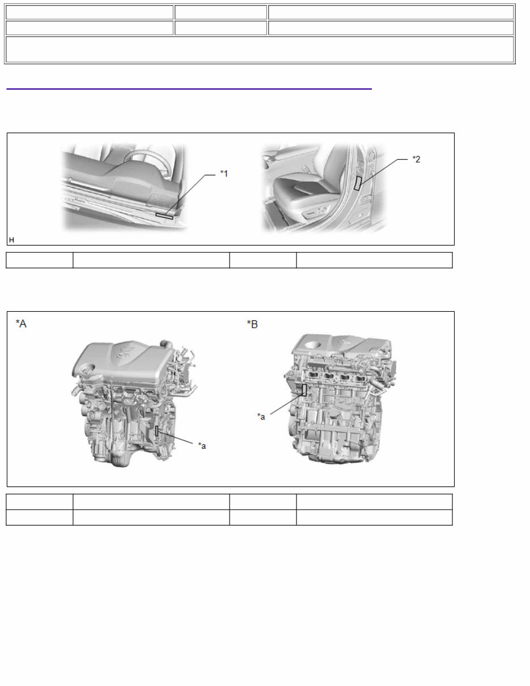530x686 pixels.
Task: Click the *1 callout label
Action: (x=224, y=173)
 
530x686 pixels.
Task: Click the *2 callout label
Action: (x=416, y=159)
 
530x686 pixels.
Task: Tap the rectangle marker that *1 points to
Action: (x=164, y=216)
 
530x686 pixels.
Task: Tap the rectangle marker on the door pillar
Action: (x=358, y=183)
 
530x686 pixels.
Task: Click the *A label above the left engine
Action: (x=21, y=324)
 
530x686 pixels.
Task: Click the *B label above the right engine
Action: (x=252, y=324)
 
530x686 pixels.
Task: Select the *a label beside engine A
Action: (x=202, y=446)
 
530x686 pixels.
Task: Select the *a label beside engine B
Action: (x=261, y=417)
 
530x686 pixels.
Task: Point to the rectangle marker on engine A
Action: (x=157, y=431)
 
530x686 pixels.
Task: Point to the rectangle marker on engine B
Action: (x=304, y=389)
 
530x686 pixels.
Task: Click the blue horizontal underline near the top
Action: (x=189, y=89)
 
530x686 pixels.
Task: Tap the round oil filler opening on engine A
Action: (x=88, y=370)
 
